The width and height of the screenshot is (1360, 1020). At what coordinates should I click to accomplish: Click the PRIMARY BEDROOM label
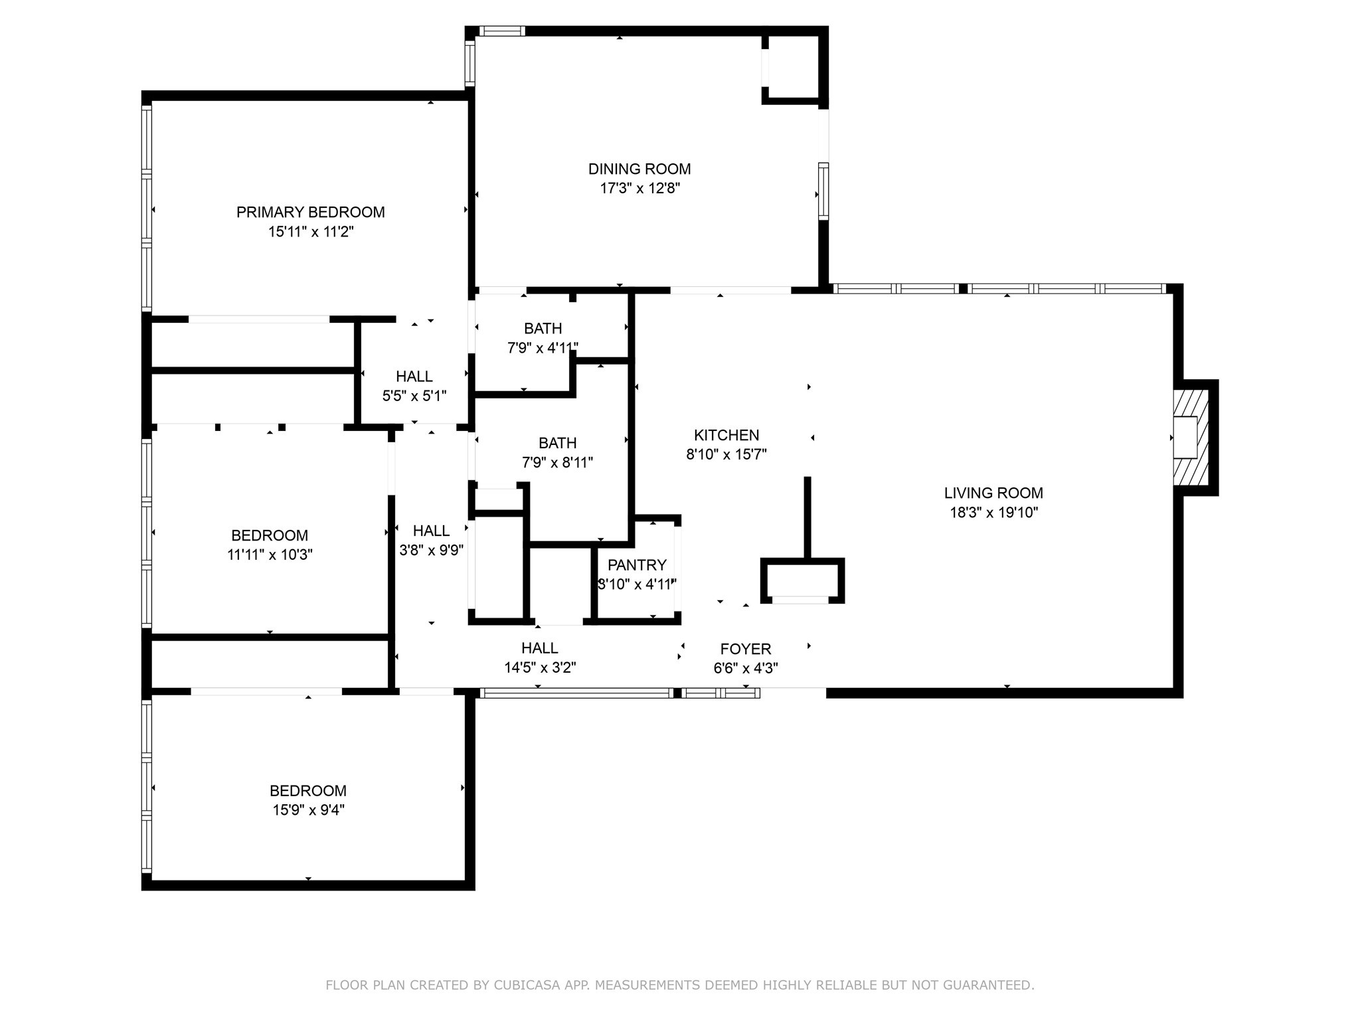311,212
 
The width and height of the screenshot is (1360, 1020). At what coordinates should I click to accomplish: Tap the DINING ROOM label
639,169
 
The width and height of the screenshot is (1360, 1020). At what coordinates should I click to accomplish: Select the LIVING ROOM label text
993,493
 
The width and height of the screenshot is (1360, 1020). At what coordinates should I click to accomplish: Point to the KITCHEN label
726,436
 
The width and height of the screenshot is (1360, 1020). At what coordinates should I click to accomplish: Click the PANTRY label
637,565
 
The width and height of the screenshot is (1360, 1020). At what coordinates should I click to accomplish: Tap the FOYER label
746,649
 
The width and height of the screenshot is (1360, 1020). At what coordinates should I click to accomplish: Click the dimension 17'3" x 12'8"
640,189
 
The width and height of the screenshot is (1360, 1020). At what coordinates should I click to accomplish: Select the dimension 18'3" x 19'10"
993,513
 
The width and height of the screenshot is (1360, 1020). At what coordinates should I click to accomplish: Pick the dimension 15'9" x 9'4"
308,810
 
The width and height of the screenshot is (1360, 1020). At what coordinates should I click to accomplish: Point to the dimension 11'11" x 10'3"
270,554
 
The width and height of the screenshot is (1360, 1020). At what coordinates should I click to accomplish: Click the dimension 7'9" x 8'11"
557,462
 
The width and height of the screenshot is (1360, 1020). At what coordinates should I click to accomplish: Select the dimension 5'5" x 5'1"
414,396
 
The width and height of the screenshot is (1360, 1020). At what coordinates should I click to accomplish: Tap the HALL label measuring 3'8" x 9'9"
432,531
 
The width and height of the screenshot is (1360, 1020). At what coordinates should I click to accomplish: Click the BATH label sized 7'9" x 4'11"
543,329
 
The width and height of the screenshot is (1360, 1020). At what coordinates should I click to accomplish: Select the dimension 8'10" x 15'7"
726,455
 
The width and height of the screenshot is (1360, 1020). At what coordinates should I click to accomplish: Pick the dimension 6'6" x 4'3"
746,669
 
